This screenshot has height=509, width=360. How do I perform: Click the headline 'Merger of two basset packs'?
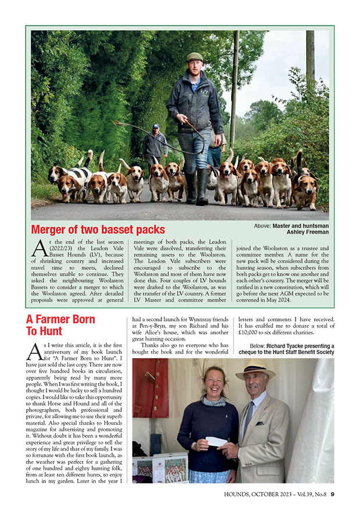pyautogui.click(x=98, y=229)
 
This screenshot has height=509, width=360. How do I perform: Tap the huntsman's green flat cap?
pyautogui.click(x=195, y=57)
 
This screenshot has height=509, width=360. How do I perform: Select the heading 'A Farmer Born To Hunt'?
pyautogui.click(x=60, y=326)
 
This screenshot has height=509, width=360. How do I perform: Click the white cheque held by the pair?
pyautogui.click(x=217, y=441)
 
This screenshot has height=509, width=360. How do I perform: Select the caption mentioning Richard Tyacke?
pyautogui.click(x=287, y=349)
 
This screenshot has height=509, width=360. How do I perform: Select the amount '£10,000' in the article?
pyautogui.click(x=248, y=334)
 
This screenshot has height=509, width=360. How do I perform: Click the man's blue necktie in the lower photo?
pyautogui.click(x=249, y=418)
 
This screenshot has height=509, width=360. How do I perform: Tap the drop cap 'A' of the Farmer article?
pyautogui.click(x=34, y=352)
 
